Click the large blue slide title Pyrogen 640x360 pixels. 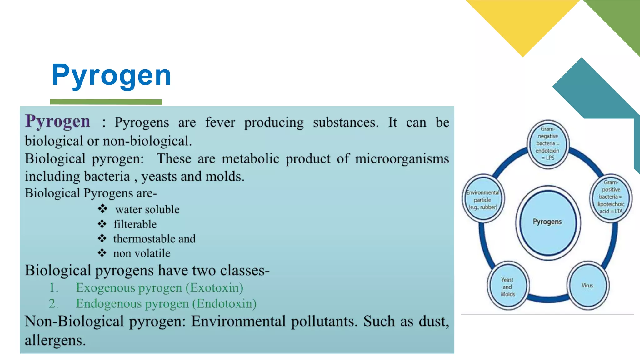tap(112, 75)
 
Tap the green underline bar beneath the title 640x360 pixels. tap(106, 102)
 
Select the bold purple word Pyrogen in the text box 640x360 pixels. tap(58, 121)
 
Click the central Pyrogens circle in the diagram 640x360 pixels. tap(547, 222)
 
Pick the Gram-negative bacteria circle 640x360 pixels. tap(548, 144)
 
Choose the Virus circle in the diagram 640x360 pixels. tap(587, 285)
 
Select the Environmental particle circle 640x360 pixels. tap(483, 199)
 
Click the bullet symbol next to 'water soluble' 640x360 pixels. tap(102, 209)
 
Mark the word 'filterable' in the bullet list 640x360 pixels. tap(135, 224)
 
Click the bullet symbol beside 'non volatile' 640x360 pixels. tap(102, 253)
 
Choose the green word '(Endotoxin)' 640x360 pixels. tap(224, 304)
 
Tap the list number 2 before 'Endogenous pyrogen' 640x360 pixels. tap(53, 304)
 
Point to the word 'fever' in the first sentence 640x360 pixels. tap(220, 122)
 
